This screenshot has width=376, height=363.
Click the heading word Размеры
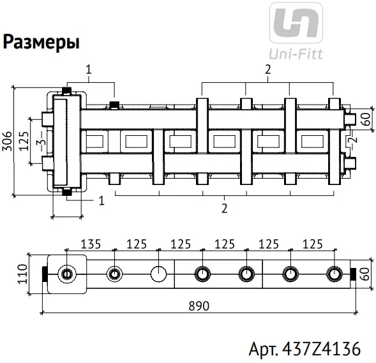pyautogui.click(x=41, y=42)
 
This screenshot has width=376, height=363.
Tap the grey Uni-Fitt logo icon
pyautogui.click(x=296, y=23)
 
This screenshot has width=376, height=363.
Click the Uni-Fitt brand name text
pyautogui.click(x=296, y=54)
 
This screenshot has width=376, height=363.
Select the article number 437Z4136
pyautogui.click(x=321, y=348)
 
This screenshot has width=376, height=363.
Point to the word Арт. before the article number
pyautogui.click(x=263, y=349)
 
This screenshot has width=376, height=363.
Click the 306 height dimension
pyautogui.click(x=7, y=141)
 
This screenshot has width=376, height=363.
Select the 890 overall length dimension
pyautogui.click(x=199, y=306)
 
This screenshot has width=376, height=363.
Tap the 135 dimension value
pyautogui.click(x=91, y=244)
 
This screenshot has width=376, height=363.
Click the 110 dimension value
pyautogui.click(x=22, y=274)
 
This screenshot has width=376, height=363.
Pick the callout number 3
pyautogui.click(x=41, y=142)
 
